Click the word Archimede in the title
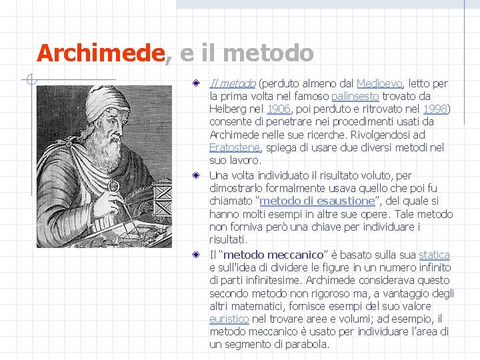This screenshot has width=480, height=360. [100, 53]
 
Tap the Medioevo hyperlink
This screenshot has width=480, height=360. [379, 83]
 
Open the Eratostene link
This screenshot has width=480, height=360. [234, 147]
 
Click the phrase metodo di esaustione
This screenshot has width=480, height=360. [317, 201]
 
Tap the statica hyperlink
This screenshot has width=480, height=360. [434, 255]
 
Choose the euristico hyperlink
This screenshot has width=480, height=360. [229, 319]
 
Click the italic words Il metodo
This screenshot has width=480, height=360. [232, 83]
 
